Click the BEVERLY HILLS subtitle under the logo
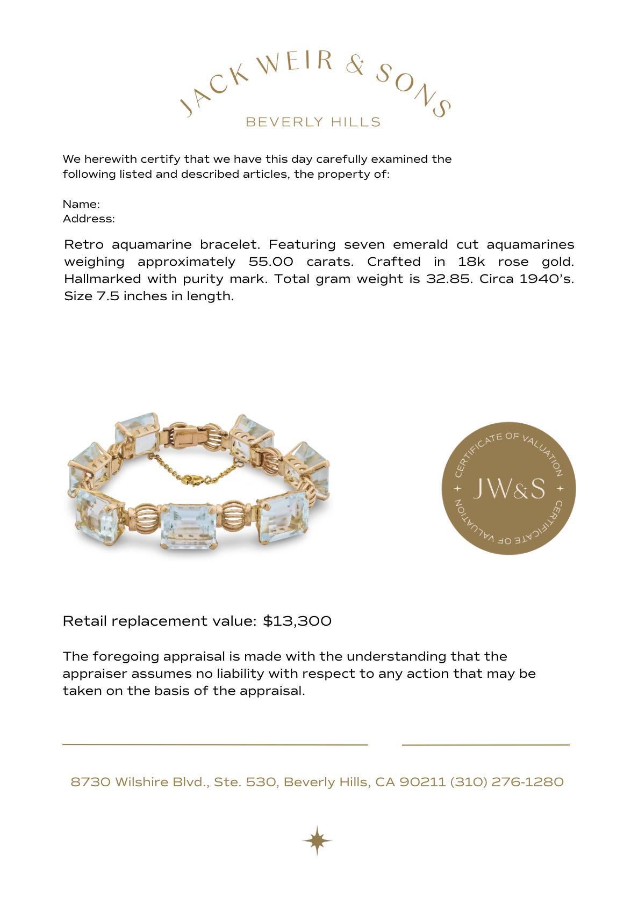(313, 122)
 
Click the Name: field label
(81, 204)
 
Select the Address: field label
(89, 219)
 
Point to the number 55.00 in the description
(271, 262)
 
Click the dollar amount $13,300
(297, 621)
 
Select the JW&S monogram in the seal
(508, 488)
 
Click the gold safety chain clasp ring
(191, 480)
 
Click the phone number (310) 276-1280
(507, 781)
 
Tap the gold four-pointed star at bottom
(317, 840)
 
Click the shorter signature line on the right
(485, 745)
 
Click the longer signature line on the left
(215, 744)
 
